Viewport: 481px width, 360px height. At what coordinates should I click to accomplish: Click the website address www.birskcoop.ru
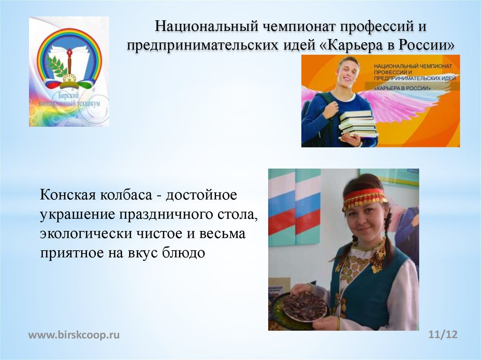(x=74, y=335)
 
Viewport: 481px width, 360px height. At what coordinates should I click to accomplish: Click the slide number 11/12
(x=443, y=335)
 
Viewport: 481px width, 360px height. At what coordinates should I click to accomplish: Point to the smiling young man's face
(x=349, y=73)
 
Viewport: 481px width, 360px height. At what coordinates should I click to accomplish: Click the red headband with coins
(x=365, y=198)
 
